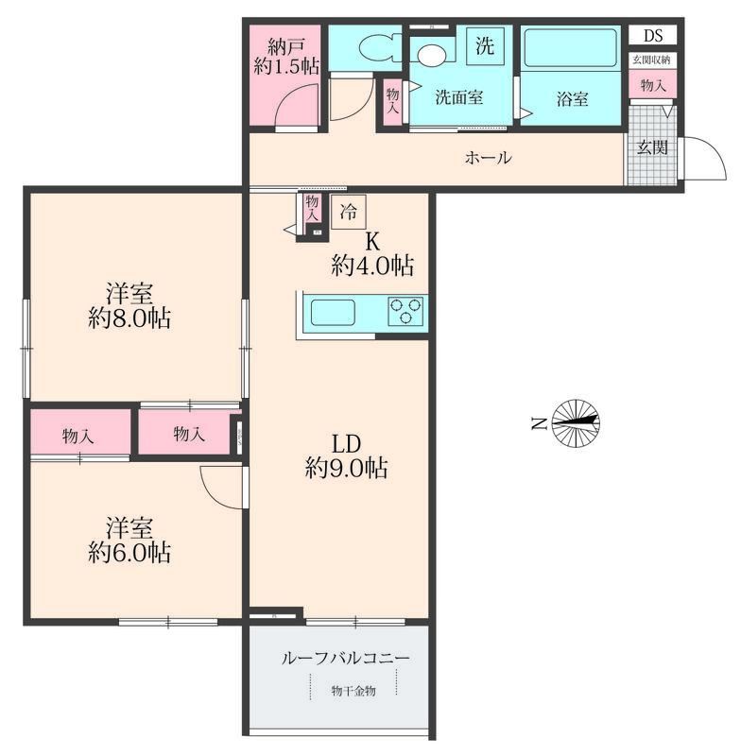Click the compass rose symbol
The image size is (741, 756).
click(576, 423)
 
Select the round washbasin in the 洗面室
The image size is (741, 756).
click(432, 55)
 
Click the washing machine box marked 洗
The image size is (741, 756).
click(485, 45)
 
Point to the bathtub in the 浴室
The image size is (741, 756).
click(570, 48)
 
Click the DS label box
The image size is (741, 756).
click(653, 35)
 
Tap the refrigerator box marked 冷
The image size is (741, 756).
click(349, 212)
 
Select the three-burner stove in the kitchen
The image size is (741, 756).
click(405, 311)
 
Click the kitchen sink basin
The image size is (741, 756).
click(333, 313)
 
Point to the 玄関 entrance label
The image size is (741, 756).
click(652, 147)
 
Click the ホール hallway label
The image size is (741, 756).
click(488, 158)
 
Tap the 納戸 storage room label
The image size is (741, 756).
click(286, 47)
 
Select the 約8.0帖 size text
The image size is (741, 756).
click(129, 318)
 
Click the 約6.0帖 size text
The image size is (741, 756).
click(129, 553)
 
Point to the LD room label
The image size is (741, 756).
click(346, 443)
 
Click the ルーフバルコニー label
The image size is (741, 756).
click(346, 658)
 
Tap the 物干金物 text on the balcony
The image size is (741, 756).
click(353, 691)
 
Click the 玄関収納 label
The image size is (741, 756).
click(651, 60)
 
